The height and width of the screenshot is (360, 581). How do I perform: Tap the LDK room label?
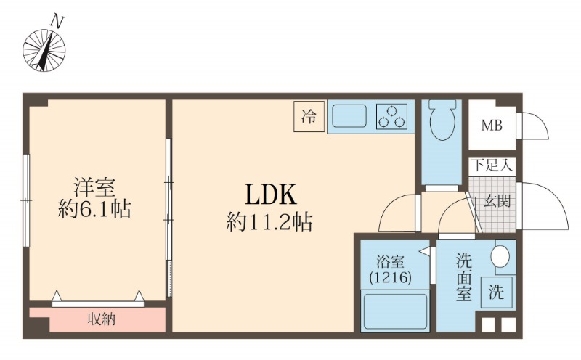pos(269,195)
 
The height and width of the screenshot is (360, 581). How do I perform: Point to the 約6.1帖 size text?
pos(95,211)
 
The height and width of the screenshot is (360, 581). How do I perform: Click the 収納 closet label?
pos(101,319)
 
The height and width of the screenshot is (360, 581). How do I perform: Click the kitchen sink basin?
pos(350,116)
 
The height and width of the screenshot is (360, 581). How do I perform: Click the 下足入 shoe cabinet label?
pos(491,165)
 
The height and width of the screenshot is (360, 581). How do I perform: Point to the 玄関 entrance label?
pos(497,200)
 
